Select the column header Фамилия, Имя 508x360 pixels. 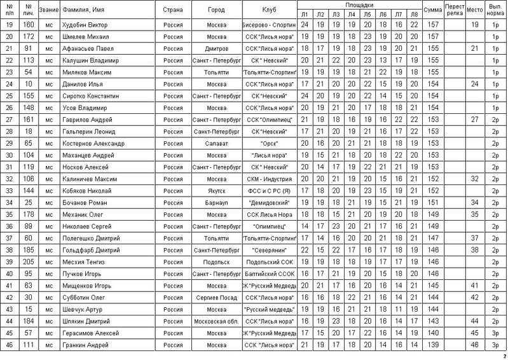[83, 10]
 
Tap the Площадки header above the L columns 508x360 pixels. [359, 4]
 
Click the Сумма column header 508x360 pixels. [433, 10]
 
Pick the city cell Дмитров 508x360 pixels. [216, 48]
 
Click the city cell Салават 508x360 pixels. [216, 143]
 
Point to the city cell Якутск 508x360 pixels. [216, 190]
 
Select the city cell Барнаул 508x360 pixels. [216, 202]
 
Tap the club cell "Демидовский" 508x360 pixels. [269, 202]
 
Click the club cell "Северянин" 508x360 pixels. [269, 250]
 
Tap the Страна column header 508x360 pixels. [174, 10]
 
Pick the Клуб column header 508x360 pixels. [269, 10]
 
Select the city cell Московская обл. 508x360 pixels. [216, 321]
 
